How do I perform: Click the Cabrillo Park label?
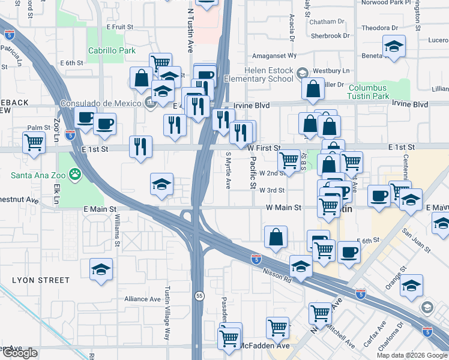click(x=112, y=51)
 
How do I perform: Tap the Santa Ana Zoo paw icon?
click(x=74, y=175)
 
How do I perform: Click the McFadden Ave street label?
click(x=265, y=346)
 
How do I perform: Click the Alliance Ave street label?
click(x=142, y=299)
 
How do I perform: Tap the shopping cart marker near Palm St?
click(x=34, y=143)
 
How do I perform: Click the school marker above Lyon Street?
click(x=101, y=269)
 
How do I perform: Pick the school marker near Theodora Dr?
click(x=394, y=46)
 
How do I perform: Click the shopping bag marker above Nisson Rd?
click(x=276, y=236)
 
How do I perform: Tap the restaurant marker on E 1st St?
click(x=140, y=146)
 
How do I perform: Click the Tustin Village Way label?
click(x=167, y=319)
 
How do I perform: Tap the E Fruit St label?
click(x=119, y=27)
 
